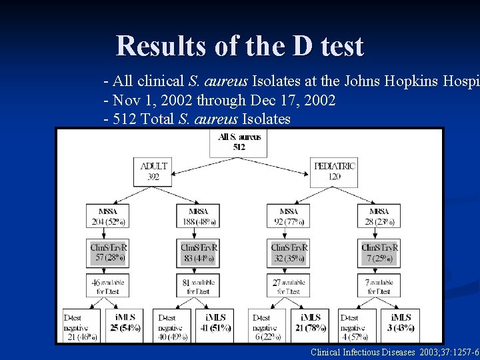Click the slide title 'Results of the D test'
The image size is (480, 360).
click(x=240, y=46)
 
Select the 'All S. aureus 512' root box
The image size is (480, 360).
click(x=239, y=142)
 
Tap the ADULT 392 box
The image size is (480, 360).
click(x=154, y=171)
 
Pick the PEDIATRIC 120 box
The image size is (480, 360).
click(x=334, y=171)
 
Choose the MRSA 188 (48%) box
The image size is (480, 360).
click(x=198, y=217)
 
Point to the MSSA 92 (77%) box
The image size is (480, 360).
click(x=289, y=217)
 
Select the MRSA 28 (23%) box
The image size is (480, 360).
click(x=379, y=217)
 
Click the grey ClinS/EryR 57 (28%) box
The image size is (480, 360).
click(x=108, y=252)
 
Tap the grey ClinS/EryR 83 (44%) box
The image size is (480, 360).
click(x=198, y=252)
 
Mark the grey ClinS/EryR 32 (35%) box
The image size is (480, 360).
click(x=289, y=252)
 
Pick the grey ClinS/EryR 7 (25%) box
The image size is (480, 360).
click(x=379, y=252)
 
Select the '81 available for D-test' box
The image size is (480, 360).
click(x=198, y=287)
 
